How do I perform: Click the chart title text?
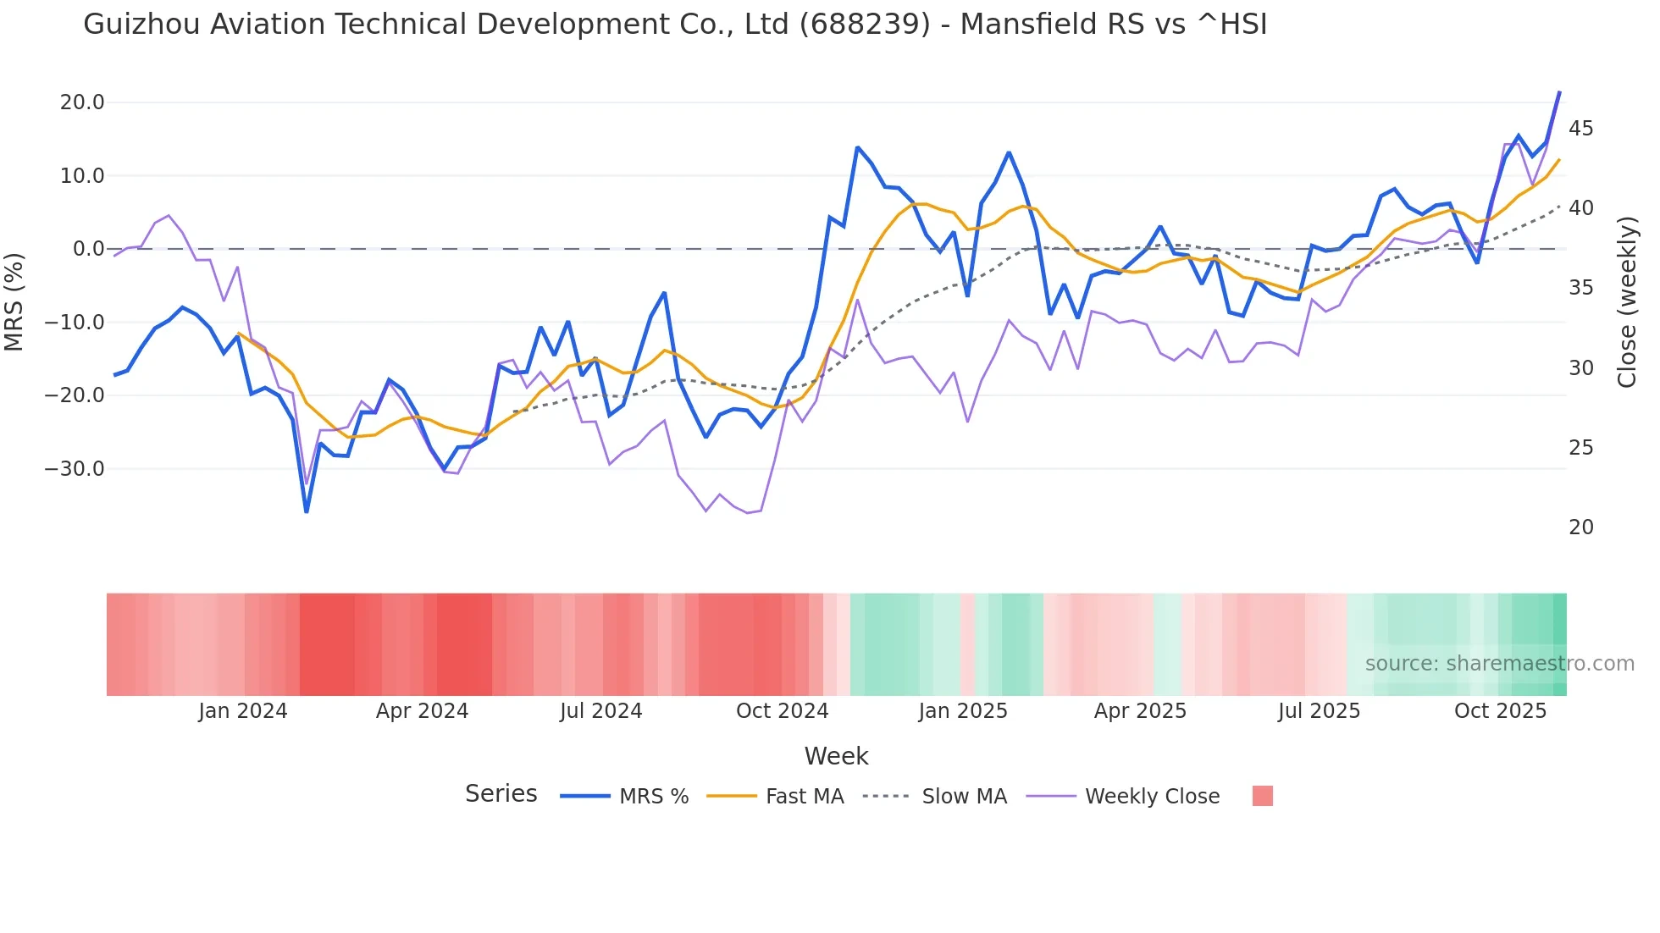click(x=675, y=25)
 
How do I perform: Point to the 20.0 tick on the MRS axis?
click(x=82, y=102)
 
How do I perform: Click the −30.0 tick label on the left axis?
click(x=75, y=469)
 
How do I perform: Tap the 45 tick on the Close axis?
click(x=1580, y=129)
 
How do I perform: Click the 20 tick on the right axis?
click(x=1580, y=527)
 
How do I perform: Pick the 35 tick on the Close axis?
click(x=1580, y=288)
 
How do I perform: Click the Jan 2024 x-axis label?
click(x=243, y=711)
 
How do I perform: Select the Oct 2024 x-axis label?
click(x=782, y=711)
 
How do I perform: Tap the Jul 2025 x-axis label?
click(x=1319, y=711)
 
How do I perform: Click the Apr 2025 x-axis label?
click(x=1140, y=711)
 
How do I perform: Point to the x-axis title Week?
click(x=836, y=756)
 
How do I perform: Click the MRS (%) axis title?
click(x=14, y=302)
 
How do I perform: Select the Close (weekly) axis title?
click(x=1627, y=302)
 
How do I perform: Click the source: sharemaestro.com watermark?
click(x=1499, y=664)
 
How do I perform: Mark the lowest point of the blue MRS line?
click(x=307, y=511)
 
